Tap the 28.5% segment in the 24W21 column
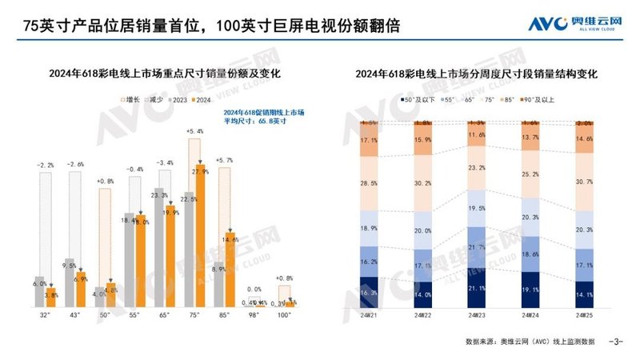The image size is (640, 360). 370,183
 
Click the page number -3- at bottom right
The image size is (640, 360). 615,342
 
